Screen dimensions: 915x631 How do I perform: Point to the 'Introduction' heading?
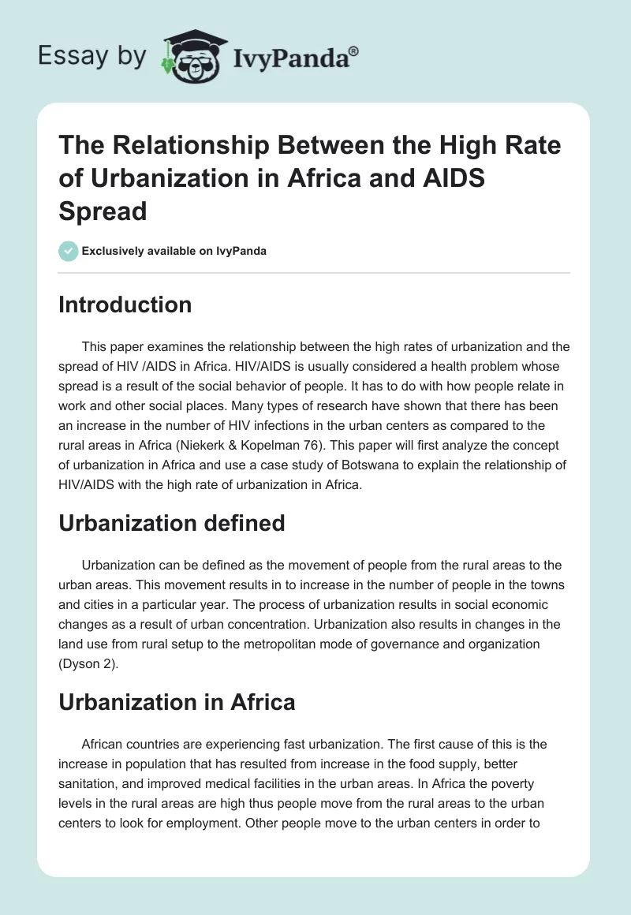tap(125, 305)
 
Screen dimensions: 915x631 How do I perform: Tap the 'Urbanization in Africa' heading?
tap(177, 702)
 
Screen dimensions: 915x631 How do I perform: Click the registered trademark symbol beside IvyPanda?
tap(354, 50)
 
